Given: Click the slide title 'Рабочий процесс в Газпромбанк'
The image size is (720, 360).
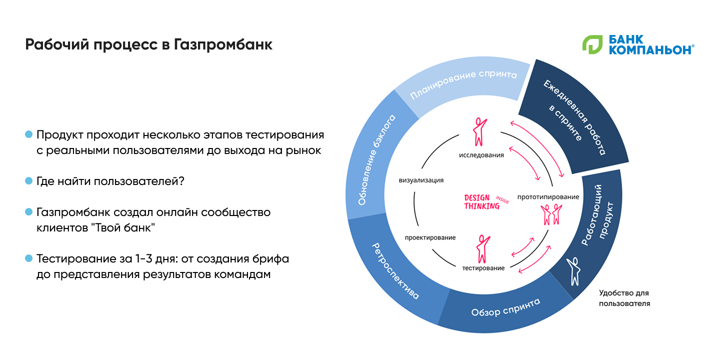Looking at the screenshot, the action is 149,44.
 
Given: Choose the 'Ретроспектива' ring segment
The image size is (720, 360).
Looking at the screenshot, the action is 394,270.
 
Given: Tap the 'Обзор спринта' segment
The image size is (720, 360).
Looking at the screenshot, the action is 505,307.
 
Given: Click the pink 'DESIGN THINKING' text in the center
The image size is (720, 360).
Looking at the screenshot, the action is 482,201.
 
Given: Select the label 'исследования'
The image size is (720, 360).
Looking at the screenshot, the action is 481,155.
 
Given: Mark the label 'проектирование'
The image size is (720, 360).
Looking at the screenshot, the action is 430,237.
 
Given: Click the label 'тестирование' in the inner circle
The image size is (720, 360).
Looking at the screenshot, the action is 483,268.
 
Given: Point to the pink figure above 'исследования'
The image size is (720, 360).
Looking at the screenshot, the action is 479,131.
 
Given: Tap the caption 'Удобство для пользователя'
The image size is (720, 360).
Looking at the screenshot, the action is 624,298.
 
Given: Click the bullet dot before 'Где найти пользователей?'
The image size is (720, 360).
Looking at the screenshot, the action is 28,180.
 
